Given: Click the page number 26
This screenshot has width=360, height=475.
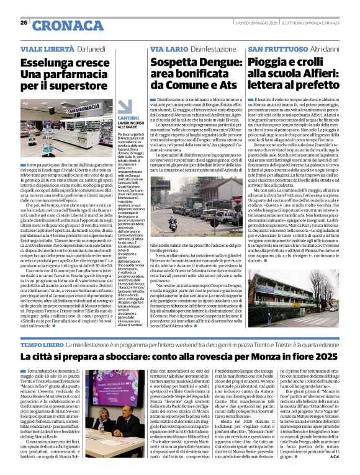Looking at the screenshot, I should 24,22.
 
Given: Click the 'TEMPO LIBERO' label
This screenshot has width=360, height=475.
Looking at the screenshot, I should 42,344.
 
